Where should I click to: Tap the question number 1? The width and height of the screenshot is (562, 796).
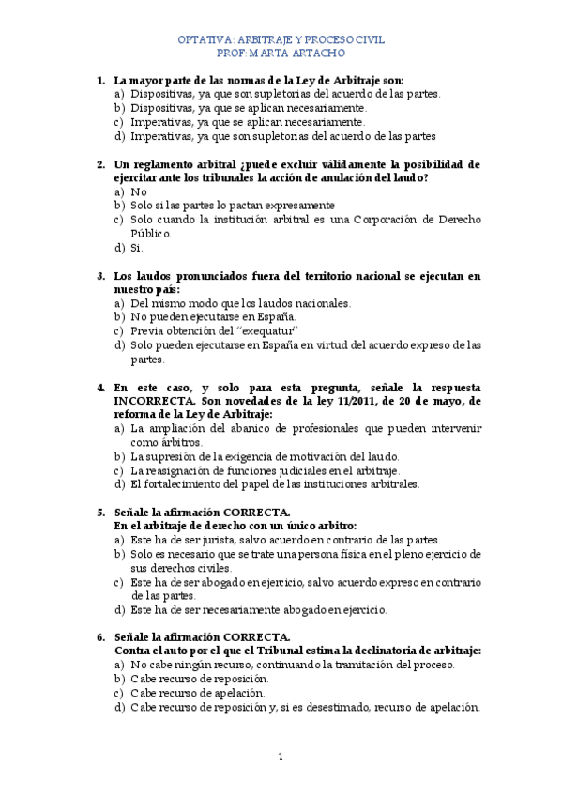(x=101, y=80)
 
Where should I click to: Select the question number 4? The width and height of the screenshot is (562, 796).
(x=101, y=387)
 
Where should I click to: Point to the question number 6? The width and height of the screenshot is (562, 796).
(x=101, y=637)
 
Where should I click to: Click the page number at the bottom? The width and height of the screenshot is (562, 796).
(x=281, y=756)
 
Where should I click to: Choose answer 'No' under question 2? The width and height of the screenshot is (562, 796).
(x=139, y=191)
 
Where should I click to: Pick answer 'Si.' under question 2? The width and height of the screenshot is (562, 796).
(x=137, y=248)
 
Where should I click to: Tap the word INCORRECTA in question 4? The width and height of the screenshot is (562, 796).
(x=154, y=400)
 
